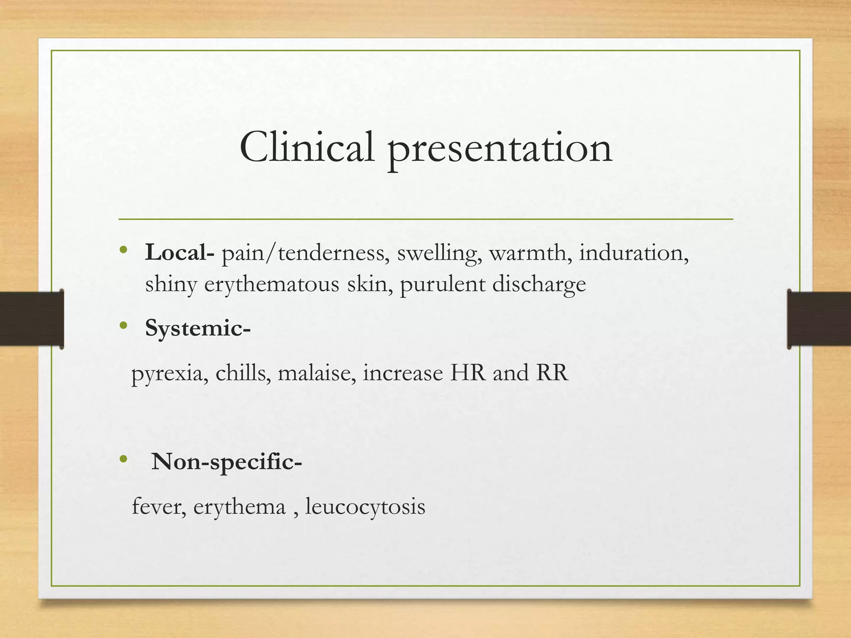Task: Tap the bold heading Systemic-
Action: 198,329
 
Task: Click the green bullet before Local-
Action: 123,250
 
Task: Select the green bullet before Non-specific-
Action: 123,459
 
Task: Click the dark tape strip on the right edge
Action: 819,319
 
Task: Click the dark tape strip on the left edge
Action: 31,319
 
